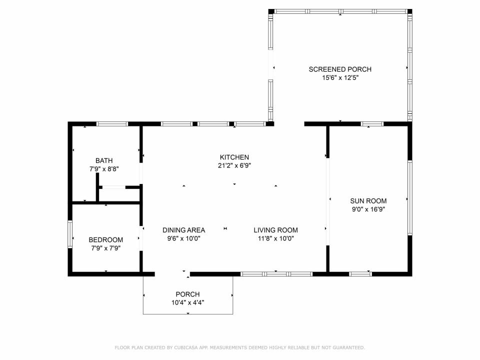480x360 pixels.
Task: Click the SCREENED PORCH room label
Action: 340,69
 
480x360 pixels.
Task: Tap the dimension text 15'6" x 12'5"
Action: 340,78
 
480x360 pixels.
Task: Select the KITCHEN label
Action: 234,157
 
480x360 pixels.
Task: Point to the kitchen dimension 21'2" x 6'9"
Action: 234,165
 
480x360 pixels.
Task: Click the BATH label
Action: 104,160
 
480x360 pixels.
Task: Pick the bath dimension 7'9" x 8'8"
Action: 104,169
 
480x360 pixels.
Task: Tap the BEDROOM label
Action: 106,240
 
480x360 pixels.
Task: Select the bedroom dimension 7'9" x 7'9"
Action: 106,248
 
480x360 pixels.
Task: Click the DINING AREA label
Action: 183,230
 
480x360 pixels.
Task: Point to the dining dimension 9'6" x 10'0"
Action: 183,238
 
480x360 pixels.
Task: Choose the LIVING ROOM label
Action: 276,230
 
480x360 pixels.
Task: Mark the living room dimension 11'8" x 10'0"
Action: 276,238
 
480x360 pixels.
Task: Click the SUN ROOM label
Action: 368,201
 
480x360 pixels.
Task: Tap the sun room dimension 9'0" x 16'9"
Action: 368,209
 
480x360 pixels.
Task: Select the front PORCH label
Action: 187,294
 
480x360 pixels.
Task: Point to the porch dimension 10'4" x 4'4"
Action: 187,303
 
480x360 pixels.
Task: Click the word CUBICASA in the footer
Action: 186,347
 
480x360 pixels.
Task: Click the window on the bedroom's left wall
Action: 70,234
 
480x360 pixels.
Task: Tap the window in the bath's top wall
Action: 112,124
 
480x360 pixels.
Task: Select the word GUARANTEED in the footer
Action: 349,347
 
